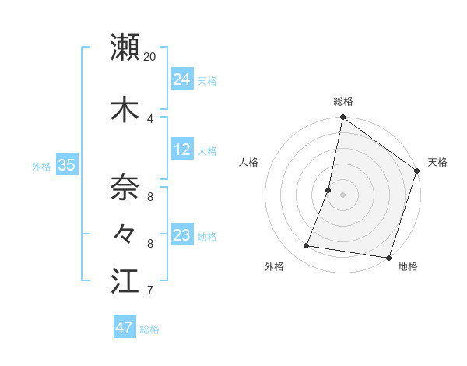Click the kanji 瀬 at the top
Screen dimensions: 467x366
pos(125,47)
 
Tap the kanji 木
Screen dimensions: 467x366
pos(125,110)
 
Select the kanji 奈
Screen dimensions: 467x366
pos(125,187)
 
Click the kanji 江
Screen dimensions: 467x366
pos(125,281)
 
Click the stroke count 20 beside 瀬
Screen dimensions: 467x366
pos(150,57)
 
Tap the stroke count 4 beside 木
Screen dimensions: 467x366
pos(150,119)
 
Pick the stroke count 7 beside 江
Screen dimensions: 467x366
pos(150,291)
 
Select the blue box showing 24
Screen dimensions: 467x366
pos(182,79)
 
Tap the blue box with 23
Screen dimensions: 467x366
pos(182,234)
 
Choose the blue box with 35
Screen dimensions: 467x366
pos(66,164)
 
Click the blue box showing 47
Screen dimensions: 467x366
pos(125,328)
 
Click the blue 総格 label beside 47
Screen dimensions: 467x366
pos(149,329)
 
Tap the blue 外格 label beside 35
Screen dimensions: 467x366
pos(41,166)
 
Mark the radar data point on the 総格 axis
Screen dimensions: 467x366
pos(342,118)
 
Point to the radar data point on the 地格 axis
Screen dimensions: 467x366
pos(388,257)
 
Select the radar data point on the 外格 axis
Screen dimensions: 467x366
pos(307,246)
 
